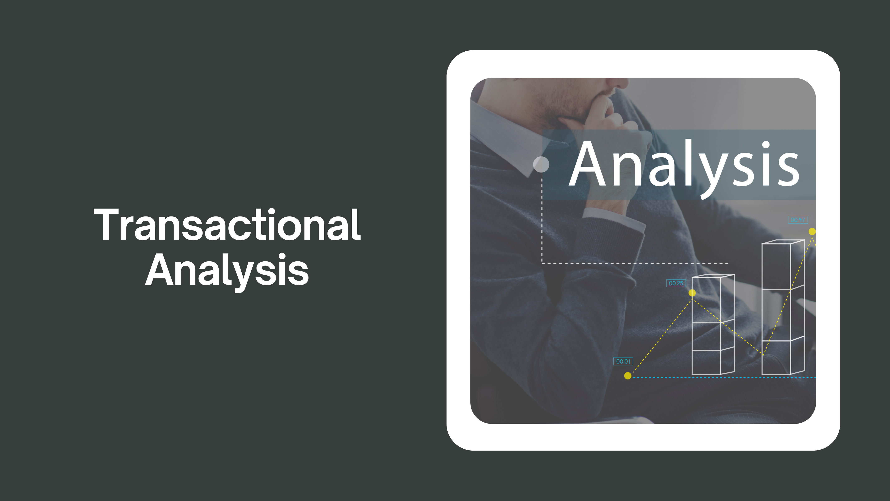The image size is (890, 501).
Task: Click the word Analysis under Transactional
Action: tap(227, 271)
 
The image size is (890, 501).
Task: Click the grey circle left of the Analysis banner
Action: tap(541, 164)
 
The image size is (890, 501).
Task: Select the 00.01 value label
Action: tap(623, 361)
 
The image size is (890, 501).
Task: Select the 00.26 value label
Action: tap(676, 283)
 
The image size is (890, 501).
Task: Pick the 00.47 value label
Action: tap(798, 220)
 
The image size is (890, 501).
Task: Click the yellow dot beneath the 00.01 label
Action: tap(628, 376)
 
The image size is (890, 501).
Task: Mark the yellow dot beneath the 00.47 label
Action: tap(812, 231)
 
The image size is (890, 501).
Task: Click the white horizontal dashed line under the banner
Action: tap(635, 263)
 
